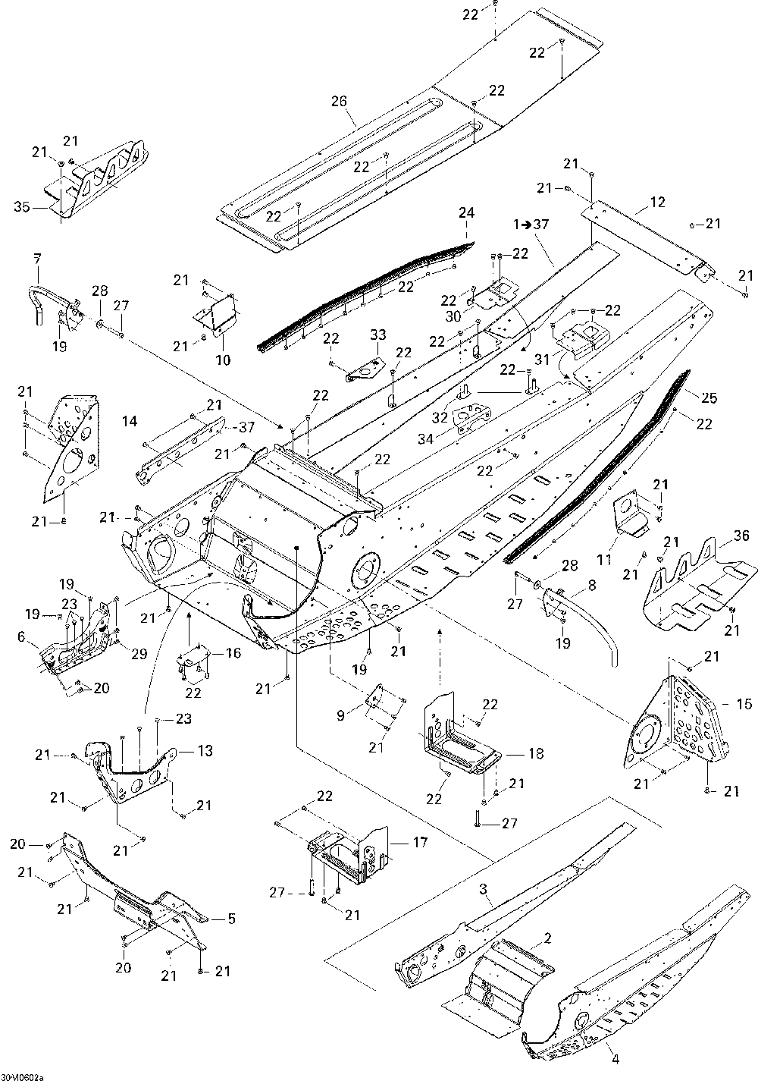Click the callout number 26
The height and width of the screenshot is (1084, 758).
click(x=340, y=101)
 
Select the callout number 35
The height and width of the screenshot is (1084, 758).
click(x=22, y=207)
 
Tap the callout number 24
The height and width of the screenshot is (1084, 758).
click(x=466, y=212)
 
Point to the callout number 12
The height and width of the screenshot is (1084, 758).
click(x=657, y=202)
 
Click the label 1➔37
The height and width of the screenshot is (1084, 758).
click(x=531, y=225)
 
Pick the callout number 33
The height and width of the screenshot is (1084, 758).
click(x=378, y=335)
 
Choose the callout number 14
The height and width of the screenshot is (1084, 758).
click(x=130, y=421)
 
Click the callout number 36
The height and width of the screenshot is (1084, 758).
click(x=741, y=536)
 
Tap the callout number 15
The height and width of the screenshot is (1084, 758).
click(x=744, y=704)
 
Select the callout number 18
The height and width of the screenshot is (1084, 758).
click(x=536, y=753)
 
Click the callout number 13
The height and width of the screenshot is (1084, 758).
click(x=205, y=750)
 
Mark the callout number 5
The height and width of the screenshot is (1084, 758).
click(x=231, y=919)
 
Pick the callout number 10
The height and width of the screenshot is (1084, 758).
click(x=223, y=360)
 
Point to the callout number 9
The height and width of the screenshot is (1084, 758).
click(x=341, y=716)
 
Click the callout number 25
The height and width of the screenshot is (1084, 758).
click(x=709, y=397)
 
